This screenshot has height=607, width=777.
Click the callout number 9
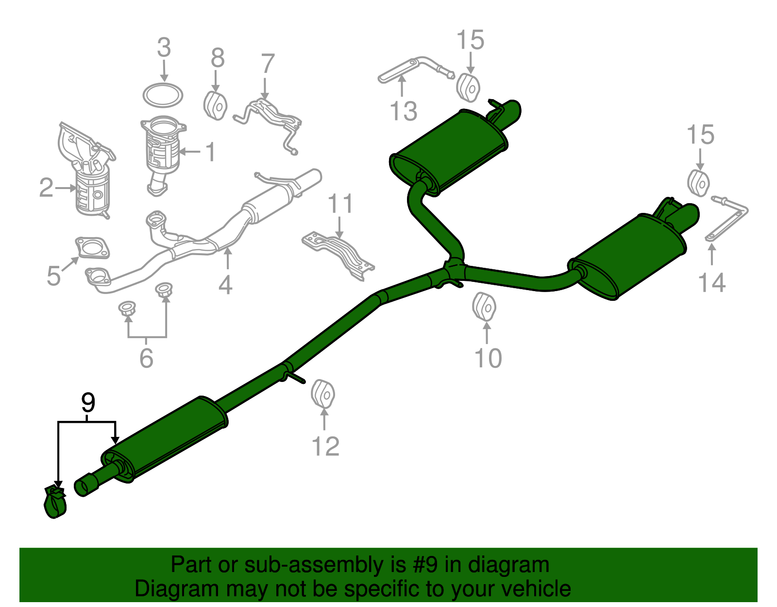(x=88, y=402)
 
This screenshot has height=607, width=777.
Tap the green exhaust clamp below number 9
(x=55, y=502)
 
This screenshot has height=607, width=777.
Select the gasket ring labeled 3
(x=163, y=95)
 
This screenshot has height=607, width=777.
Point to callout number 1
(x=211, y=152)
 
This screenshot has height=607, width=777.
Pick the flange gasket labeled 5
(x=92, y=247)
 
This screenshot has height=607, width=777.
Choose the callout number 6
(x=146, y=358)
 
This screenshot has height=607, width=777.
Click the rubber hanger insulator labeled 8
(x=215, y=106)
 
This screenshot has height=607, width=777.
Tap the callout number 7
(x=268, y=64)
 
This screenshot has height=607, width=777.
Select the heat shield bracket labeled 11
(x=338, y=256)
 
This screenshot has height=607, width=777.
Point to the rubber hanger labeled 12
(x=323, y=394)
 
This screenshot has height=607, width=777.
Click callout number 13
(x=404, y=111)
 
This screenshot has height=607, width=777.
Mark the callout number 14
(x=712, y=282)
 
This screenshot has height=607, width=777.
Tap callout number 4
(x=225, y=285)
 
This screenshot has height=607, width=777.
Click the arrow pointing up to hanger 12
(x=324, y=419)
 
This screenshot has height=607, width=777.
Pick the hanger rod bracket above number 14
(x=726, y=219)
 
